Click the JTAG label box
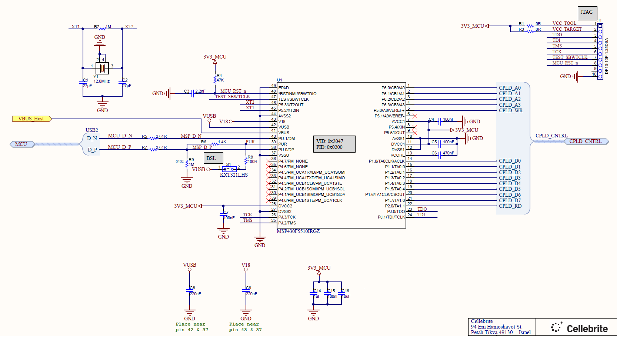587,13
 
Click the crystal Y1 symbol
102,68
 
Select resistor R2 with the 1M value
103,28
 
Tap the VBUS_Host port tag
31,119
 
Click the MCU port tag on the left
21,144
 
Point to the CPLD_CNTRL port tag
586,141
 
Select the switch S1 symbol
229,169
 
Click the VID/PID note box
334,144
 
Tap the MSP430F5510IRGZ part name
298,231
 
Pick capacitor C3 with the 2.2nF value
193,94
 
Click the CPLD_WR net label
511,110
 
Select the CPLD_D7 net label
510,200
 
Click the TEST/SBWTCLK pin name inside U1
293,99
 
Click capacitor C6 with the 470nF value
440,155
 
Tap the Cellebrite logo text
587,329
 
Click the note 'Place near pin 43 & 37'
245,327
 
